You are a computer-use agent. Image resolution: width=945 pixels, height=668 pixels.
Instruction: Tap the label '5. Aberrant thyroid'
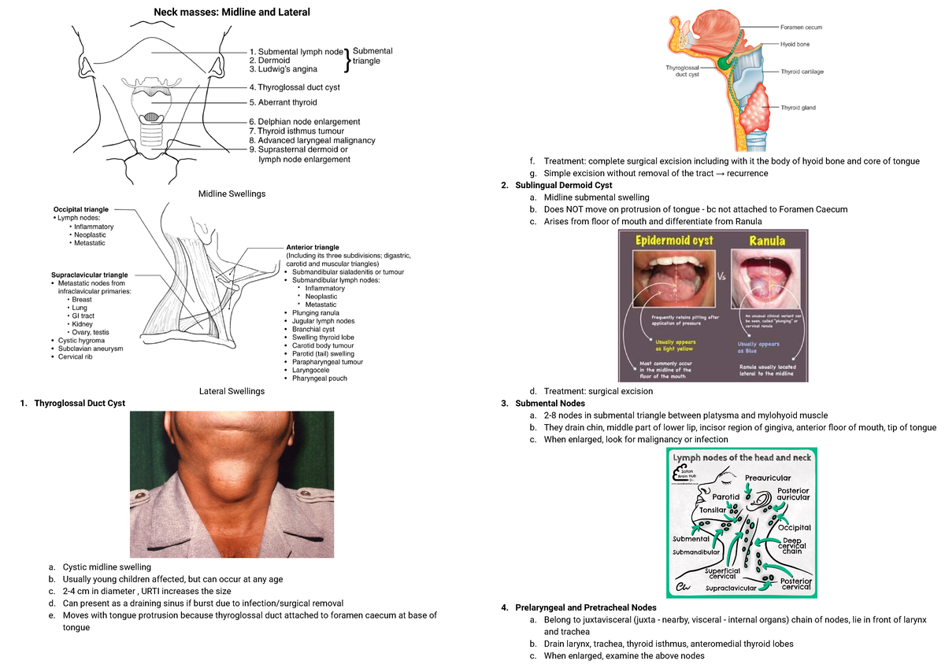(283, 102)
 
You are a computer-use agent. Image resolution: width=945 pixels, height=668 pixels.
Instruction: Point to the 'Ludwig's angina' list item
(283, 69)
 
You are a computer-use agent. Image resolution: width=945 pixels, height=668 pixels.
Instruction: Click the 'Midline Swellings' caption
(232, 194)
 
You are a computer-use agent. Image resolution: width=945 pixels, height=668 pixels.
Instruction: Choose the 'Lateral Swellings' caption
(232, 391)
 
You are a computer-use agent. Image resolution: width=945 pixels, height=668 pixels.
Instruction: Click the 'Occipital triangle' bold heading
(80, 210)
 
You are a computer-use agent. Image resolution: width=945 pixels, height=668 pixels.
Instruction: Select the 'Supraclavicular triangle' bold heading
(89, 275)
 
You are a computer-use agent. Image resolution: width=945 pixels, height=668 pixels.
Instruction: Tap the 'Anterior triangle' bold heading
(313, 247)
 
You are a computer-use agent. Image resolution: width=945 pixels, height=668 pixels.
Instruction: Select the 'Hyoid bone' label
(795, 45)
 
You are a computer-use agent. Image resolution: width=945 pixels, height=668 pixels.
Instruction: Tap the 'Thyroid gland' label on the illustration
(798, 107)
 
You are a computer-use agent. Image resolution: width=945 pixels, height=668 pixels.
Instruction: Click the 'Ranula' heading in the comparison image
(766, 241)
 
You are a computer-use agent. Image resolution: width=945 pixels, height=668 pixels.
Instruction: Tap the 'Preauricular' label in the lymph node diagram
(768, 478)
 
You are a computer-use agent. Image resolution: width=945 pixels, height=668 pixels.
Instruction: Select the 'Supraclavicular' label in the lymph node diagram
(731, 588)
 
